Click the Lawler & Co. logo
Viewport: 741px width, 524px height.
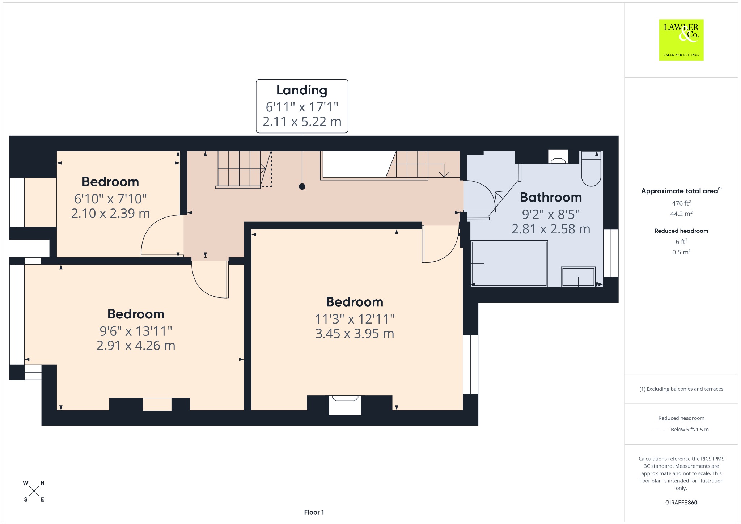(681, 40)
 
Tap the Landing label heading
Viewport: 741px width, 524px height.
(302, 90)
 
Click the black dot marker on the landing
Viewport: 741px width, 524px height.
(302, 186)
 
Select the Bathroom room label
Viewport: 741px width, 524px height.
(551, 197)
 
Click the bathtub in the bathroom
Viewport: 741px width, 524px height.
(509, 263)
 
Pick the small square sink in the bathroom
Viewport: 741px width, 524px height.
(578, 277)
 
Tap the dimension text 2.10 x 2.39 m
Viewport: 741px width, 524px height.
(110, 214)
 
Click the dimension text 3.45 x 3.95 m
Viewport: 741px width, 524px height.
(355, 334)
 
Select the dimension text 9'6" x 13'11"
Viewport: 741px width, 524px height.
(136, 331)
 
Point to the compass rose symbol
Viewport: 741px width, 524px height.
(34, 491)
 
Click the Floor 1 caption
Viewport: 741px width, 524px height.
(314, 512)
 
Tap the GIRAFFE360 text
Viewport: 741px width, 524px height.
(681, 503)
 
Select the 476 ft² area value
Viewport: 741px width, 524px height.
(681, 203)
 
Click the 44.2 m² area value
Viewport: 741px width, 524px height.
(681, 214)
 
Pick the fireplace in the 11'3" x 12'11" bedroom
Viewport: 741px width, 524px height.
(345, 405)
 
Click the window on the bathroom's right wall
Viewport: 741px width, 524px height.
(611, 253)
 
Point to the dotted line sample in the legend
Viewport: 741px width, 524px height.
(660, 430)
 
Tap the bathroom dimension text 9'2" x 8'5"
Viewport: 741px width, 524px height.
(551, 214)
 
